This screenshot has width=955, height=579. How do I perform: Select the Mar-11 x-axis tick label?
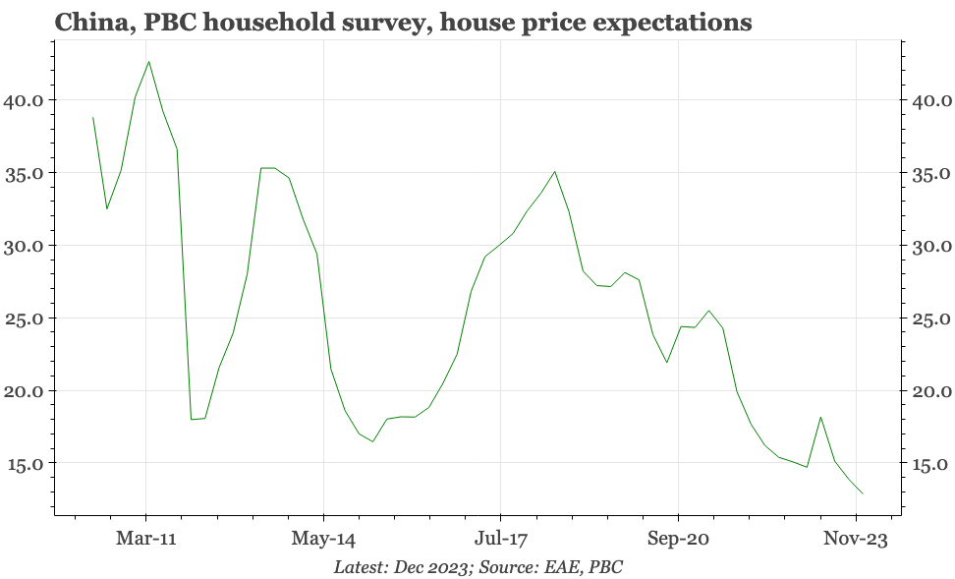click(x=146, y=539)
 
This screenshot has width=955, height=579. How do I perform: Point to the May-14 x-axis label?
click(x=323, y=539)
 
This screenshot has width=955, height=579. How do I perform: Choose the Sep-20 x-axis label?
click(x=678, y=539)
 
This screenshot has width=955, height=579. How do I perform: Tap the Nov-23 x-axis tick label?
click(x=855, y=539)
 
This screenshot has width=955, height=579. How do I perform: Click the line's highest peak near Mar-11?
click(x=148, y=61)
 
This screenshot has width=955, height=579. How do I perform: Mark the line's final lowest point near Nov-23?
click(x=863, y=493)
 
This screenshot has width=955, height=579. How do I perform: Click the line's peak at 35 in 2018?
click(x=555, y=171)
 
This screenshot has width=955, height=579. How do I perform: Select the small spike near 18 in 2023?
click(x=820, y=417)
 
